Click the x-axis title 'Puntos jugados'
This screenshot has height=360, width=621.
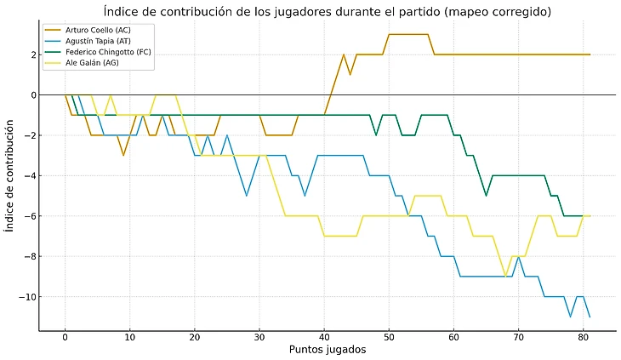click(x=328, y=350)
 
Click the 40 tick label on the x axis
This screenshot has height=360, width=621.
click(x=324, y=337)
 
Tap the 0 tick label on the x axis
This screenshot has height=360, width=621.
click(x=65, y=337)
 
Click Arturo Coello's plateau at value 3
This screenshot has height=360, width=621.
click(x=408, y=34)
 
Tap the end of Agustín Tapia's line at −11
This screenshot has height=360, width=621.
click(x=590, y=317)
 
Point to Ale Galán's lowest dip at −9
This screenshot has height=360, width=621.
click(x=505, y=277)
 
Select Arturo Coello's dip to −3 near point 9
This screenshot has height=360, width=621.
click(x=123, y=155)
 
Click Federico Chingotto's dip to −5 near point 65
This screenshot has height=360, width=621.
click(x=486, y=196)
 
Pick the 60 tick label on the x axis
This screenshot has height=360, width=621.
click(x=453, y=337)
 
